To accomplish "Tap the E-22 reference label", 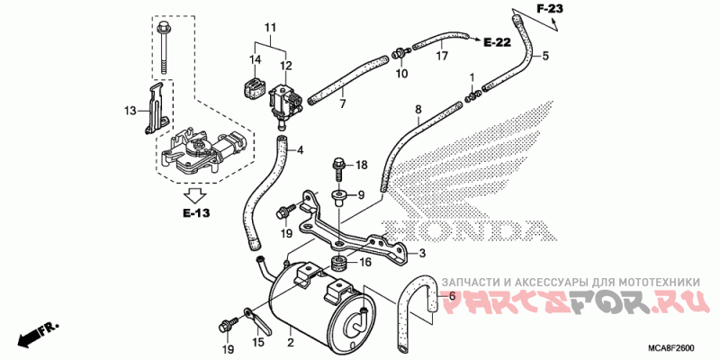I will tap(496, 42).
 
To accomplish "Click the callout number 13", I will tap(130, 110).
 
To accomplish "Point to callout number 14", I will tap(255, 60).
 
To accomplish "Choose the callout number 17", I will tap(441, 57).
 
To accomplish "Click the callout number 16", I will tap(364, 263).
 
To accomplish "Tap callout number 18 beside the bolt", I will tap(362, 165).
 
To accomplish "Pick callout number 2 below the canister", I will tap(290, 342).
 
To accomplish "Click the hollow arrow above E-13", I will tap(194, 193).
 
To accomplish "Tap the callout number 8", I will tap(418, 110).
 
